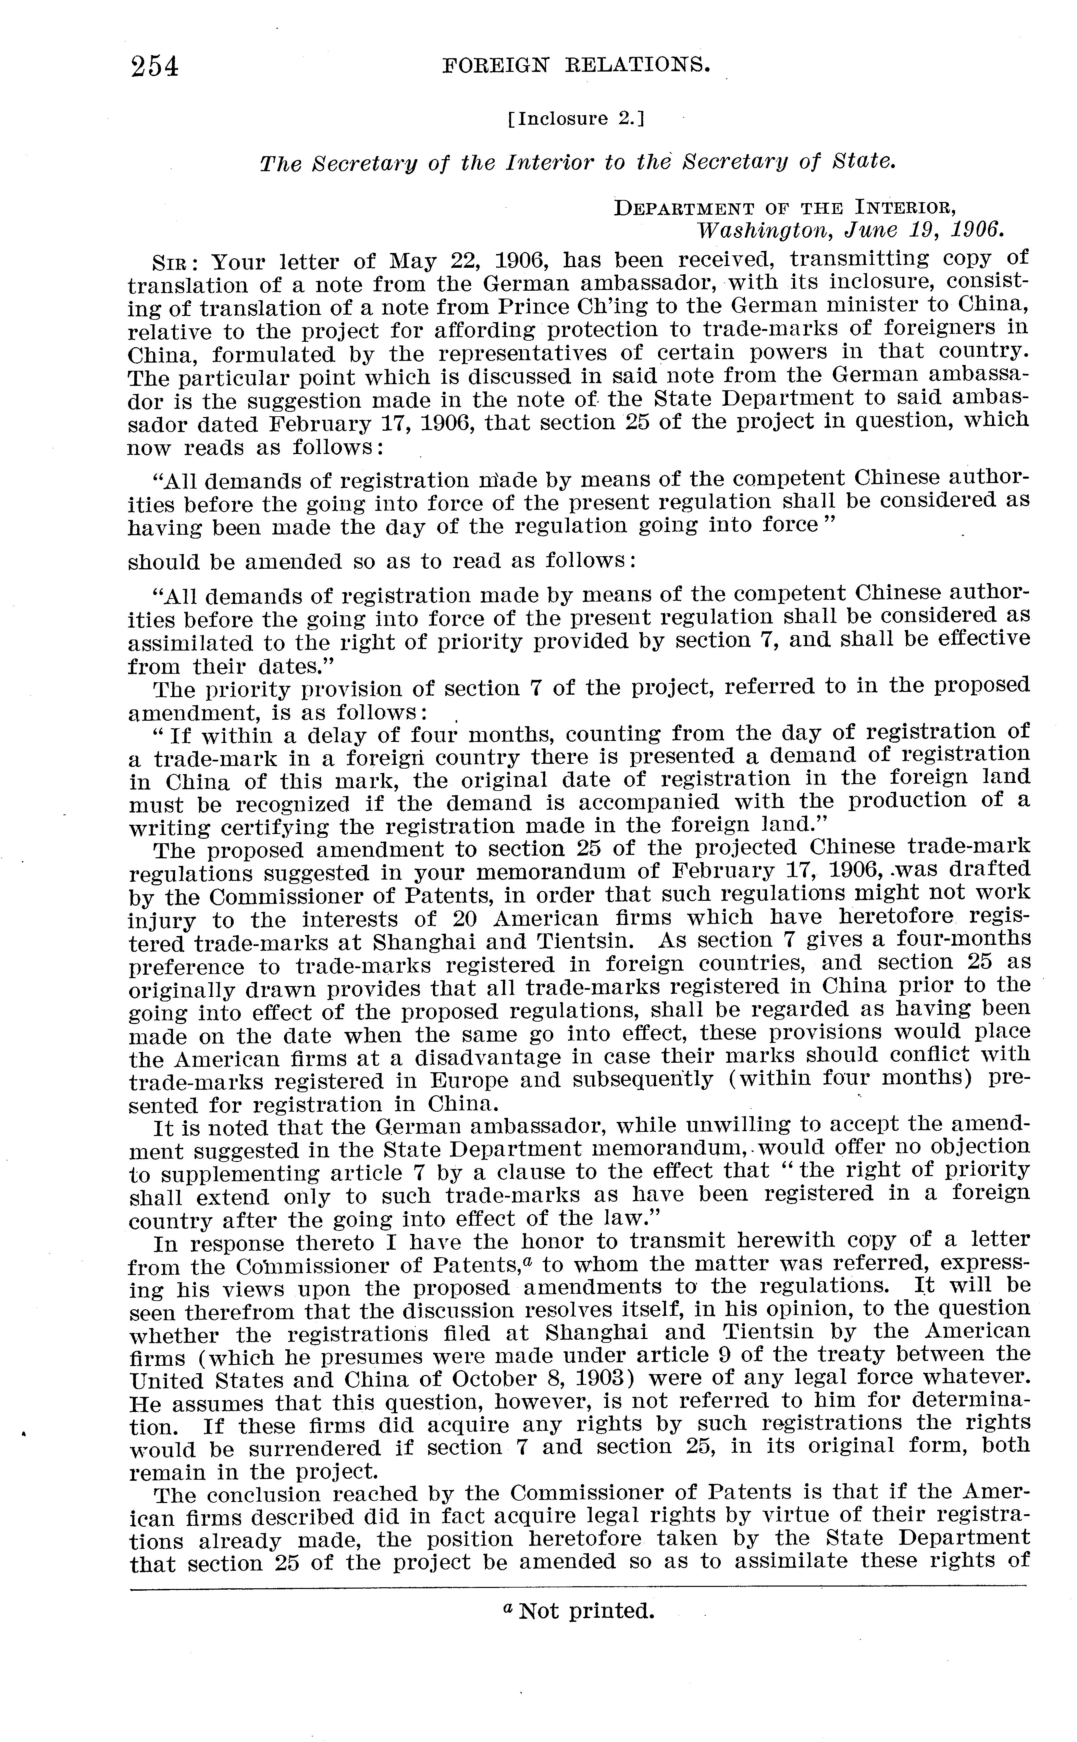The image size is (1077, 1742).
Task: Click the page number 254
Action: [x=154, y=66]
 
